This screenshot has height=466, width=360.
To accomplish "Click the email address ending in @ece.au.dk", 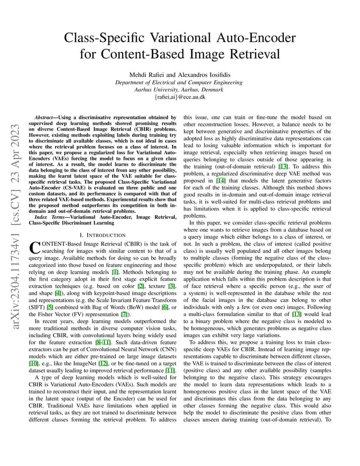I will [180, 97].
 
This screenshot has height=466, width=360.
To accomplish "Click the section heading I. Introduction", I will [103, 235].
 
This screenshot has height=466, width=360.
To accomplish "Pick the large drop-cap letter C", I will [34, 247].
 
